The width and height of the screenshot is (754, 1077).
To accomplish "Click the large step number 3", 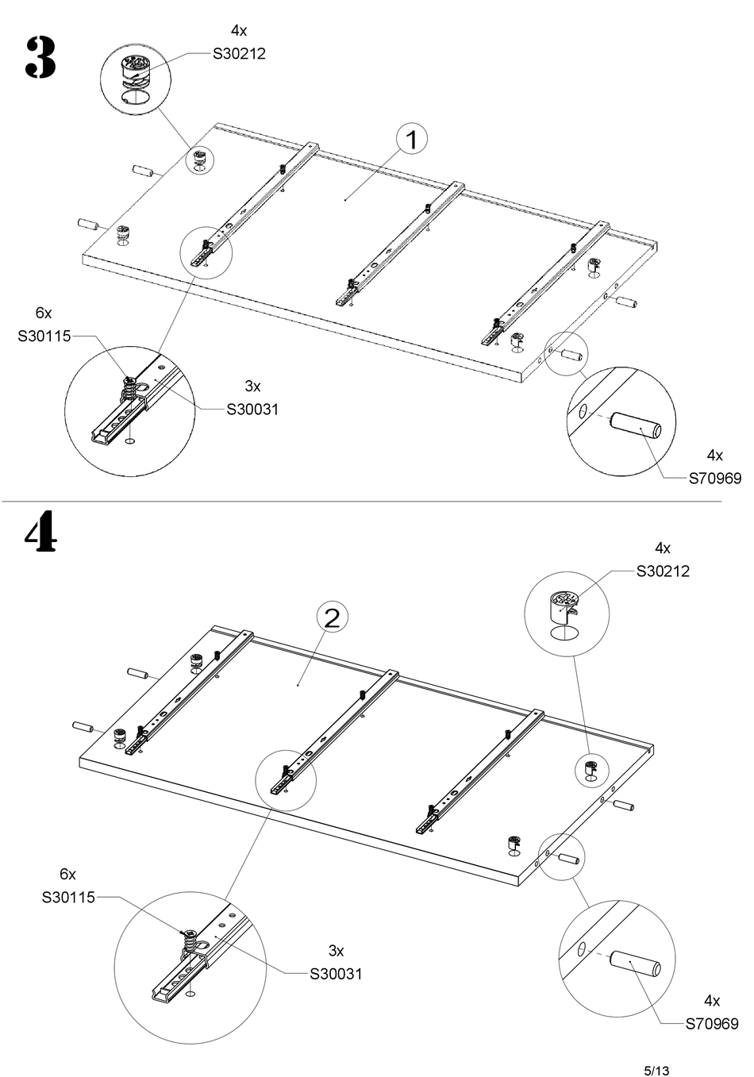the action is [40, 58].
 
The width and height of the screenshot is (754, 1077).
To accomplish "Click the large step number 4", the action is [40, 533].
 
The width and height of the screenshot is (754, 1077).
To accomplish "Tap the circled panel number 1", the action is [412, 140].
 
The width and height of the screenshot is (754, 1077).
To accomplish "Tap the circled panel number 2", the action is [332, 617].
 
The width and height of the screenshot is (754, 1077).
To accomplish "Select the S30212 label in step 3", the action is [239, 54].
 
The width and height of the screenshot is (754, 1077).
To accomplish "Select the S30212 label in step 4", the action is [663, 571].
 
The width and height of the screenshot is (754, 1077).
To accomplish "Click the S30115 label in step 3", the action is [44, 336].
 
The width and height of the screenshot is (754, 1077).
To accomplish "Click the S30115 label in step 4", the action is [68, 897].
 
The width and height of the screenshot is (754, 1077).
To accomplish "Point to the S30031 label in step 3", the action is [252, 410].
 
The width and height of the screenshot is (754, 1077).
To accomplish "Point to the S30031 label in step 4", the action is [336, 974].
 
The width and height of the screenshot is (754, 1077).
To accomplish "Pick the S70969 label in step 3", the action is [715, 479].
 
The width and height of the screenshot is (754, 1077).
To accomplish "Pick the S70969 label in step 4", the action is [712, 1024].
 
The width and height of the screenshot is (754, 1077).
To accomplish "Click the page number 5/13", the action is [656, 1071].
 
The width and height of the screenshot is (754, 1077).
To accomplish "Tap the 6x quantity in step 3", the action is [44, 313].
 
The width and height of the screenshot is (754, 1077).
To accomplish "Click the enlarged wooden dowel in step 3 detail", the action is [635, 425].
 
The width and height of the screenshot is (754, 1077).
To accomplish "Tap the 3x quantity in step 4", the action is [337, 951].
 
